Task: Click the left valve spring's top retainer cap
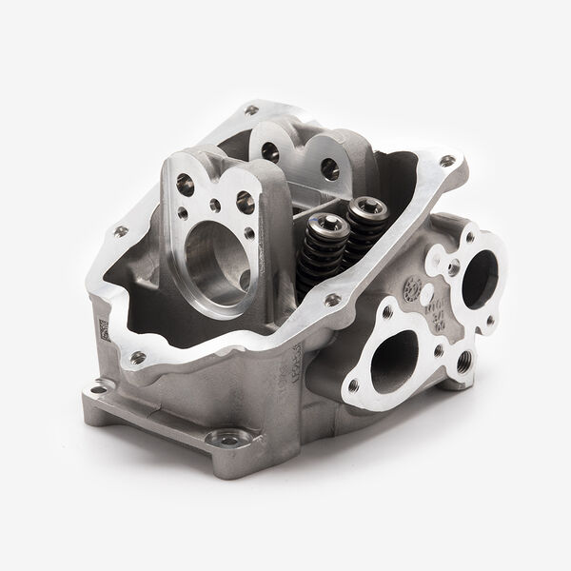point(318,226)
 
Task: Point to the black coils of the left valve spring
point(314,262)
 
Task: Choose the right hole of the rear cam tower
point(329,168)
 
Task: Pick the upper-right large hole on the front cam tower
point(245,201)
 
